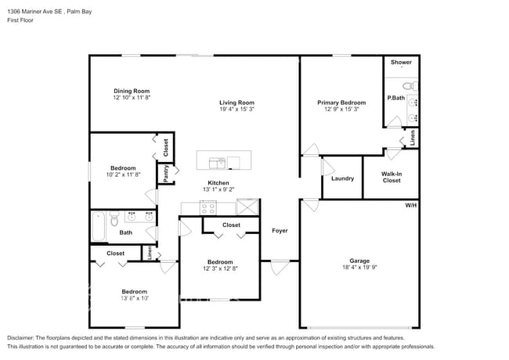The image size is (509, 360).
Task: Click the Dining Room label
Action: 131,91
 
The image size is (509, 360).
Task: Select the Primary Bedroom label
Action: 341,103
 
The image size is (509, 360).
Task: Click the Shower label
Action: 401,62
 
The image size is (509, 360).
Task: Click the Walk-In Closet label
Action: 391,177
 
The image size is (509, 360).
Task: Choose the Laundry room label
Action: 342,178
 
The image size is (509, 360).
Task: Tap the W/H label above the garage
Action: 410,205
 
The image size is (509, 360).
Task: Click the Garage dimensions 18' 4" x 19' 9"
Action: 359,268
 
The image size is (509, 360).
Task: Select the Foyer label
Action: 279,231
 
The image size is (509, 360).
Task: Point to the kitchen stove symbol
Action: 208,207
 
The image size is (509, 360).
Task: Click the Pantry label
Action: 166,173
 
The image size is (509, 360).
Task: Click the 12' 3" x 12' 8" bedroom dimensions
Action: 219,269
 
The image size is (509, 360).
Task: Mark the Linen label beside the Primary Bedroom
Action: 413,137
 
